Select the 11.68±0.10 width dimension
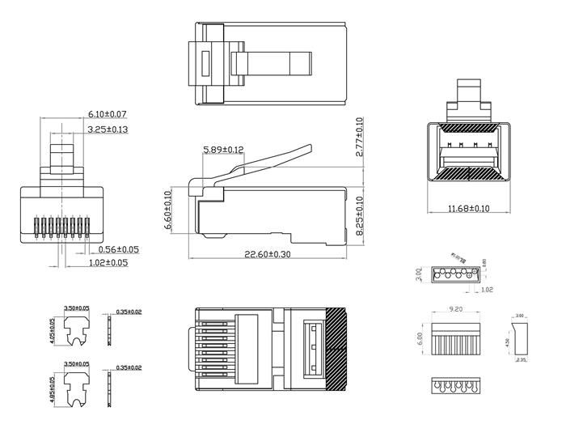468,209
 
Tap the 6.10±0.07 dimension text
108,114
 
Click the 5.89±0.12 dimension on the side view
223,150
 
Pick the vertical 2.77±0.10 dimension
359,137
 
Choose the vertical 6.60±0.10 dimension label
168,210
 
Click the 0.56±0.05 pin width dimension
119,249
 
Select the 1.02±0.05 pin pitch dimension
108,262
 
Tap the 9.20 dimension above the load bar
456,308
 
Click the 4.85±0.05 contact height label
53,388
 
